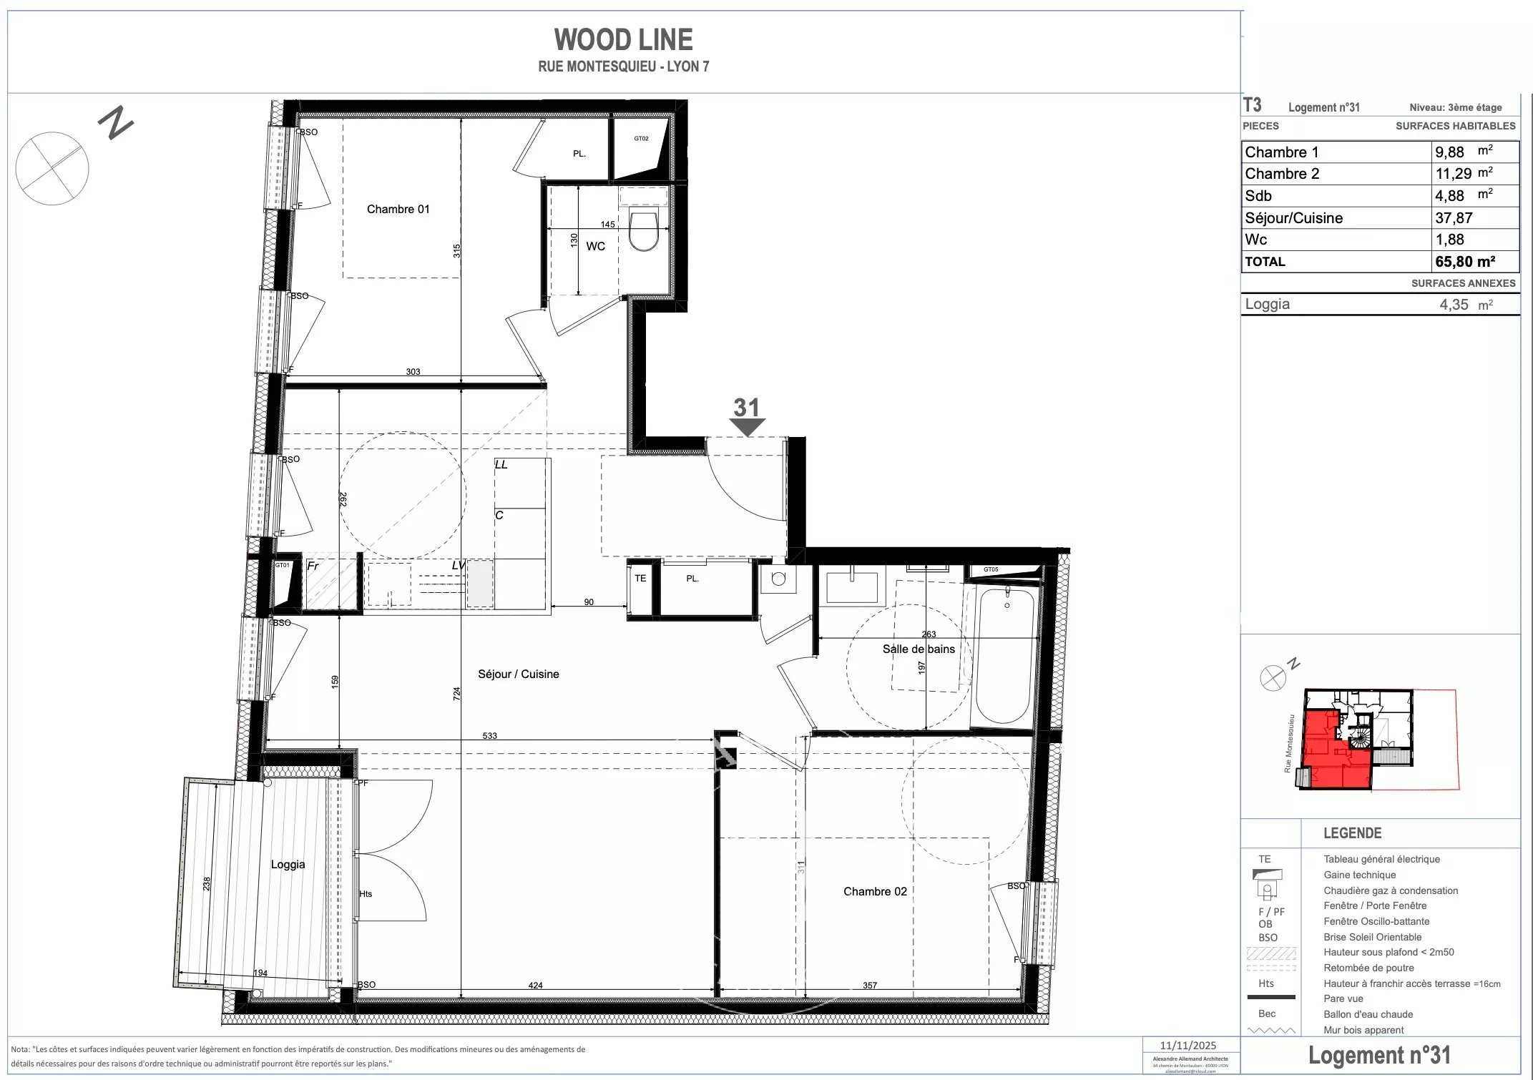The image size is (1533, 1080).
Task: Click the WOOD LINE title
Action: (623, 40)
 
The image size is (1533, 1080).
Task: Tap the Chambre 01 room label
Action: (398, 209)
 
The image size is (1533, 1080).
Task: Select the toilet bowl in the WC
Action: (643, 230)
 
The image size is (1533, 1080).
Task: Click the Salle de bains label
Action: (918, 649)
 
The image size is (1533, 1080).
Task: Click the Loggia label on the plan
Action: (288, 864)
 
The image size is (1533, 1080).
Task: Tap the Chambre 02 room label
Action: (874, 891)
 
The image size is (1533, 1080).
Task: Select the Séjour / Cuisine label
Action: (518, 674)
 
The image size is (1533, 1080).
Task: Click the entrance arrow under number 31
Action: (748, 427)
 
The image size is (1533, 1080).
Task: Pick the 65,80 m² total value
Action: (1464, 262)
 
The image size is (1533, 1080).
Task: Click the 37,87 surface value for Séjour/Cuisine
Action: (1453, 218)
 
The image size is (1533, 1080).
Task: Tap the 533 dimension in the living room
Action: (489, 735)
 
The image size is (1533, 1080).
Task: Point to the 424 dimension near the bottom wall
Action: (535, 985)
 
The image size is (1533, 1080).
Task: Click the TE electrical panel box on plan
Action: (640, 578)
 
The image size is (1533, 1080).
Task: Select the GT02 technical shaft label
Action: (641, 139)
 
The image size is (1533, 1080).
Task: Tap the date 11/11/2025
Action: (1187, 1045)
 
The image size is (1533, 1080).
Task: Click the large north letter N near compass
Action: (116, 123)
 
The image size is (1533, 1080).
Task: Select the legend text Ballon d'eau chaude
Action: (1368, 1014)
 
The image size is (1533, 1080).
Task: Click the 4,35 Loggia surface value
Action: (1454, 305)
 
